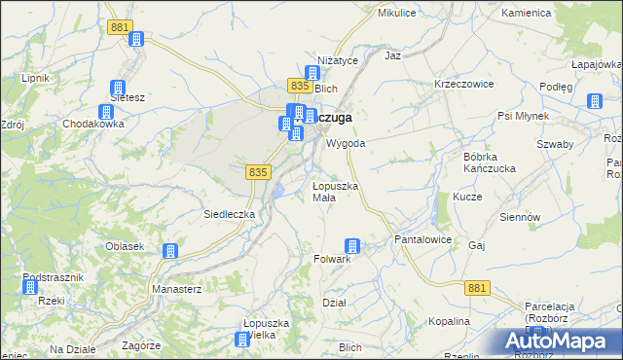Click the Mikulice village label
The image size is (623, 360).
[x=396, y=13]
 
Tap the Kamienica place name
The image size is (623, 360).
[x=526, y=14]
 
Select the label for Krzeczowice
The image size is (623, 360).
[x=464, y=84]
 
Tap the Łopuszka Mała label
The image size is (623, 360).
[x=336, y=191]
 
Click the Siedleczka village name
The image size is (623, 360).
[x=229, y=213]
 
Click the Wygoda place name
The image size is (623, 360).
[x=346, y=143]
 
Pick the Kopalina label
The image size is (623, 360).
[x=449, y=321]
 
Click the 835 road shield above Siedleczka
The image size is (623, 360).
[x=257, y=171]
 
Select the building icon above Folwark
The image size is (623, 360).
[x=352, y=246]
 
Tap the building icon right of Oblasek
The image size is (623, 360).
[x=170, y=250]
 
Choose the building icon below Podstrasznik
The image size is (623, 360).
[x=30, y=287]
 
